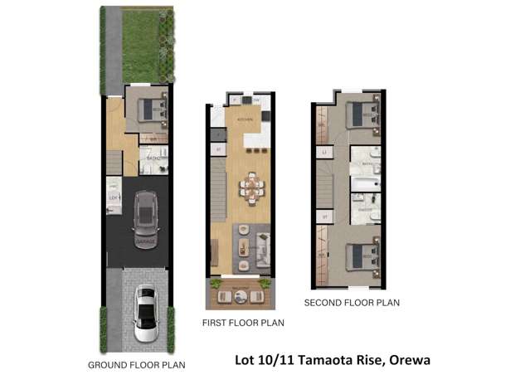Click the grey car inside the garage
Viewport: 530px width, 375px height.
click(x=147, y=212)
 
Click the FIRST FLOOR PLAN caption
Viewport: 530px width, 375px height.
click(x=243, y=323)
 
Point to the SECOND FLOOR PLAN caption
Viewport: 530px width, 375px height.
click(x=352, y=303)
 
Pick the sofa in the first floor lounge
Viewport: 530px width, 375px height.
click(x=263, y=245)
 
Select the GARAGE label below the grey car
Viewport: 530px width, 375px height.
click(x=146, y=241)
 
